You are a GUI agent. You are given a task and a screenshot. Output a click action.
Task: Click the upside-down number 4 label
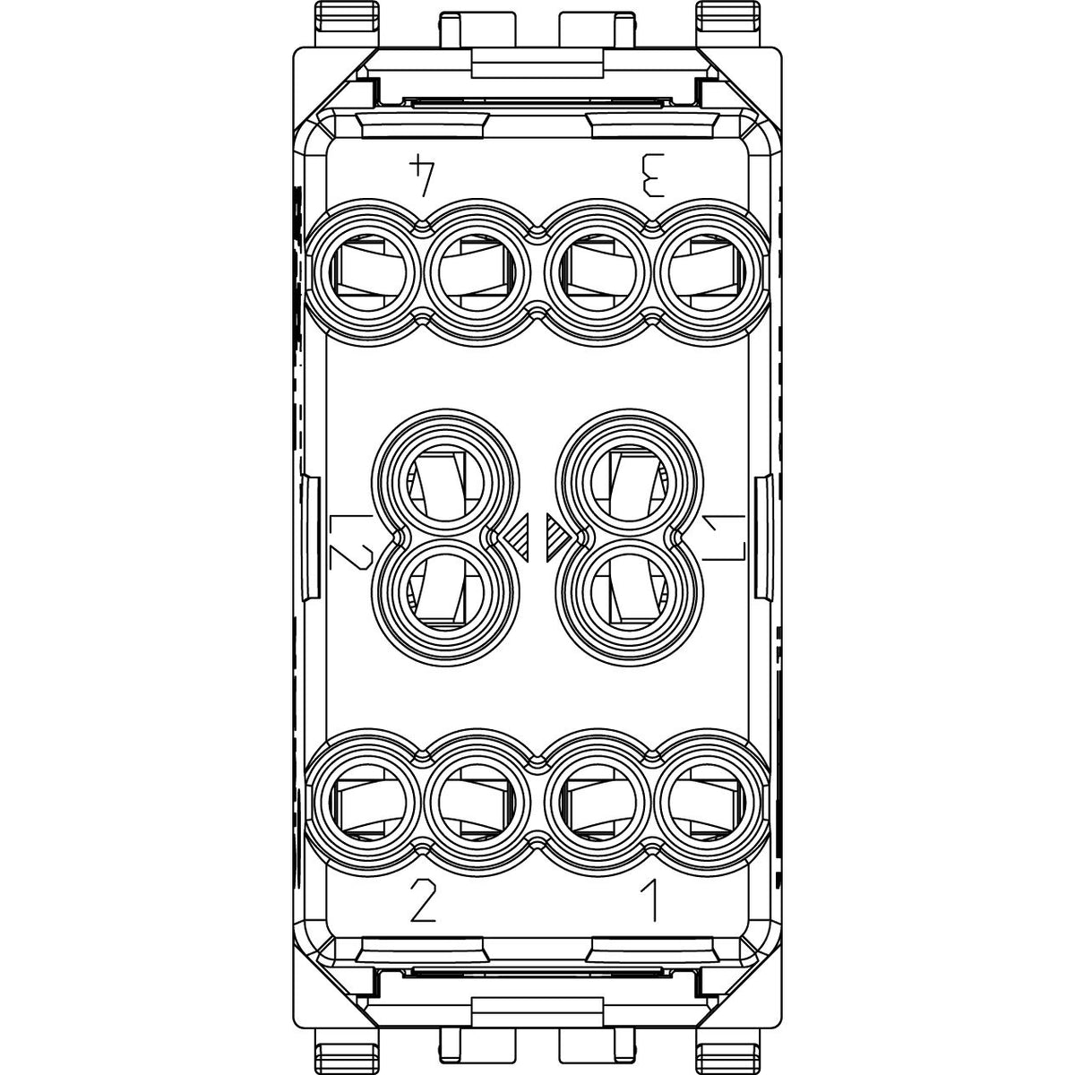tap(422, 176)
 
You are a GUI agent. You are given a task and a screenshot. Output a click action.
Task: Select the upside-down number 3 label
tap(652, 176)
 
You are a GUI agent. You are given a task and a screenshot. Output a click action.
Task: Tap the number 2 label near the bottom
tap(422, 900)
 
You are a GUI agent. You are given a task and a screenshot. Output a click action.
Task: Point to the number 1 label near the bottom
tap(651, 900)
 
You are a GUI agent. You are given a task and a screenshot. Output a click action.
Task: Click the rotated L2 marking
tap(351, 541)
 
